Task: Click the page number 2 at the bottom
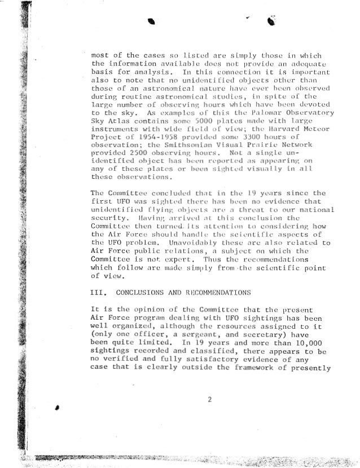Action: (x=209, y=400)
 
